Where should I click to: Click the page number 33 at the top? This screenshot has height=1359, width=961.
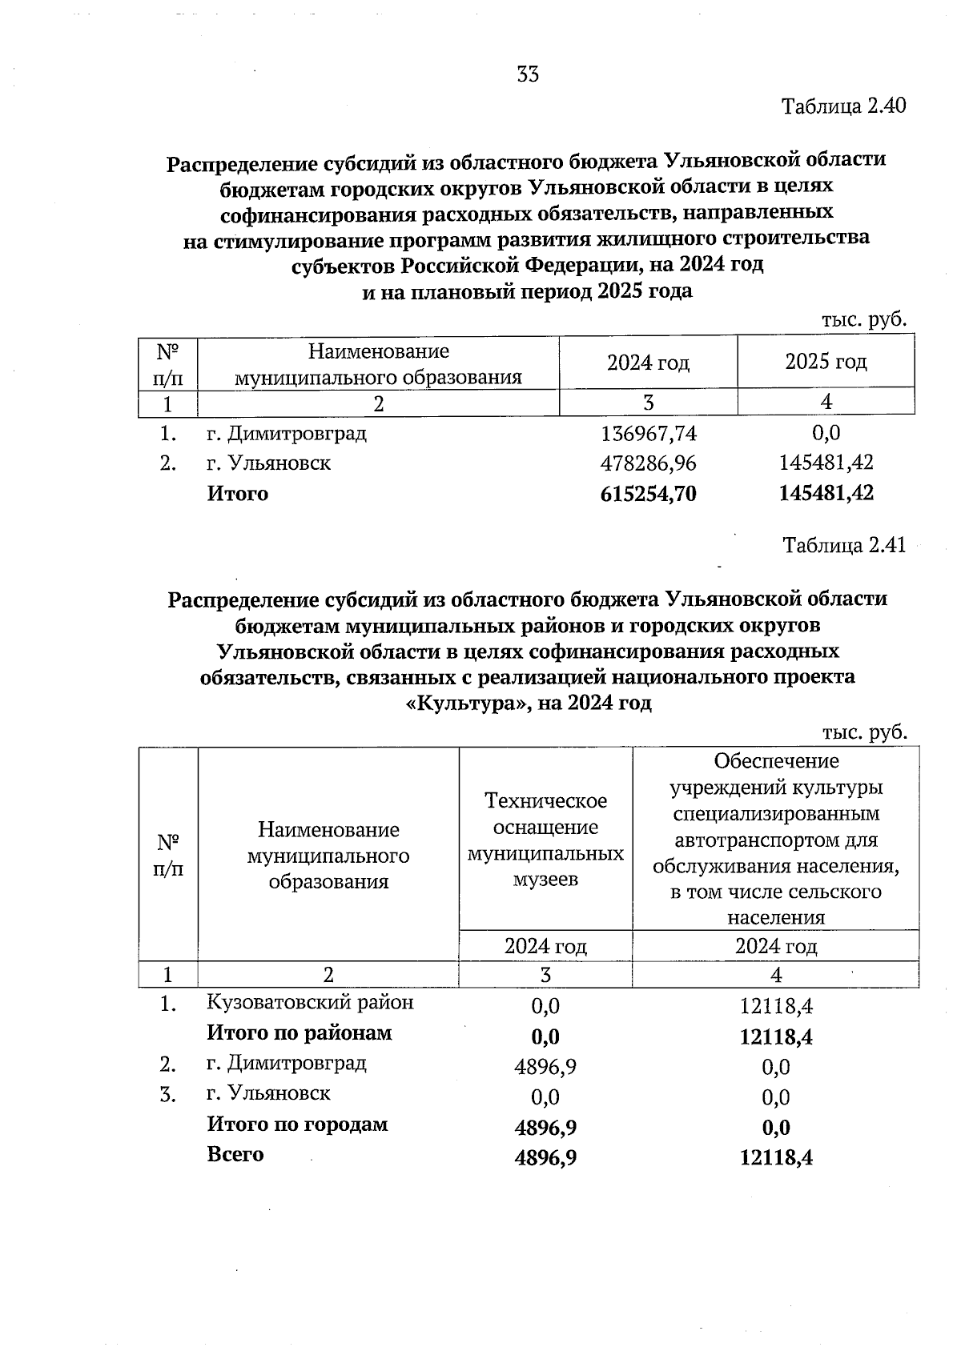click(528, 74)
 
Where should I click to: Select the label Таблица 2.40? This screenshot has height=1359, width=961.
click(843, 106)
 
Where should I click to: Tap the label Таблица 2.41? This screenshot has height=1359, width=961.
click(843, 546)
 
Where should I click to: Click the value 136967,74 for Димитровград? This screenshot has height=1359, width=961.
click(649, 434)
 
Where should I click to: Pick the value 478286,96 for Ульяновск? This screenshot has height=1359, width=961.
click(649, 463)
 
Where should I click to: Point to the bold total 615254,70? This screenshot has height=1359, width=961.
click(649, 494)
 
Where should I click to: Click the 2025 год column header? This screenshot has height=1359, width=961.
click(826, 362)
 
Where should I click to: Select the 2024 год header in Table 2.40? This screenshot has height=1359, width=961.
click(648, 363)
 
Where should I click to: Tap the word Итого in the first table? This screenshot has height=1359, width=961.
click(238, 494)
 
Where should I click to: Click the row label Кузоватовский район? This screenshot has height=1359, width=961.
click(311, 1002)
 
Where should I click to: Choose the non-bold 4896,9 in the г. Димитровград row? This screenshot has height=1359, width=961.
click(545, 1066)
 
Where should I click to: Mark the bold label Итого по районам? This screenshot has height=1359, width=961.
click(300, 1033)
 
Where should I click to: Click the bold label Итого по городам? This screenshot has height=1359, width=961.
click(297, 1124)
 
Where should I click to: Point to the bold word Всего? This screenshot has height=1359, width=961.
click(235, 1155)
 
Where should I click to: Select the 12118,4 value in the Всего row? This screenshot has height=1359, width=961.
click(776, 1158)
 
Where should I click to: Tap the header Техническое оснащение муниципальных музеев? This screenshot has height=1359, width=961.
click(545, 840)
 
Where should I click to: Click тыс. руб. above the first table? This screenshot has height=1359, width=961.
click(864, 320)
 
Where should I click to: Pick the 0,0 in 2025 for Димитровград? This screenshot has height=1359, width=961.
click(826, 434)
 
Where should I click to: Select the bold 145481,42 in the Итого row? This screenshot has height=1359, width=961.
click(826, 494)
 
